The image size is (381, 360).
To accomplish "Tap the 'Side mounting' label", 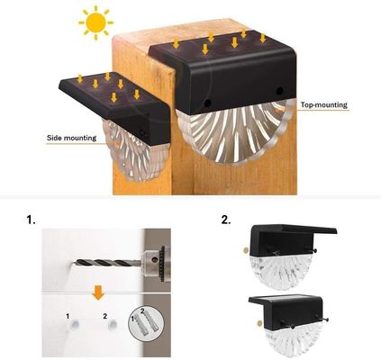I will (73, 139).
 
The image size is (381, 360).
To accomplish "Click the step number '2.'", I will (225, 219).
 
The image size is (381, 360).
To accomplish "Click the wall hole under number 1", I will (71, 330).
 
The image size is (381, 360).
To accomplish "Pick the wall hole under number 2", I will (107, 330).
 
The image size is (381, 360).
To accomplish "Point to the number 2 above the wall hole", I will (105, 316).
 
